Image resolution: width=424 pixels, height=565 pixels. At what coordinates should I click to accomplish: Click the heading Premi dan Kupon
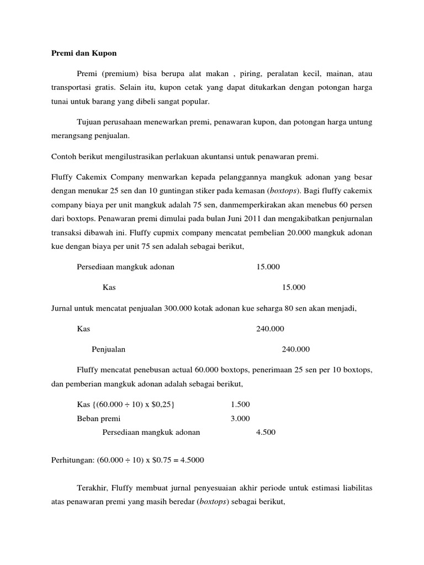[84, 54]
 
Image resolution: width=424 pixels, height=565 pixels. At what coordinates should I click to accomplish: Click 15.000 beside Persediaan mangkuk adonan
[268, 266]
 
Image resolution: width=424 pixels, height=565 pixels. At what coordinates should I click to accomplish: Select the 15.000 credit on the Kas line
[294, 287]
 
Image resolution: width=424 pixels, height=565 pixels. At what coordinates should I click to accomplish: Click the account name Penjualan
[108, 349]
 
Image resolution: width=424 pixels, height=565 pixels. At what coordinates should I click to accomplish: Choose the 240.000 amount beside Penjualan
[296, 349]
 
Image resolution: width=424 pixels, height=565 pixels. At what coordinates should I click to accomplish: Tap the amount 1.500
[241, 405]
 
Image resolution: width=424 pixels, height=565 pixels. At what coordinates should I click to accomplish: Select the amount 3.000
[241, 418]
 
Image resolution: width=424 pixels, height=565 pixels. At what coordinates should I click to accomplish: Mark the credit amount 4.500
[266, 432]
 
